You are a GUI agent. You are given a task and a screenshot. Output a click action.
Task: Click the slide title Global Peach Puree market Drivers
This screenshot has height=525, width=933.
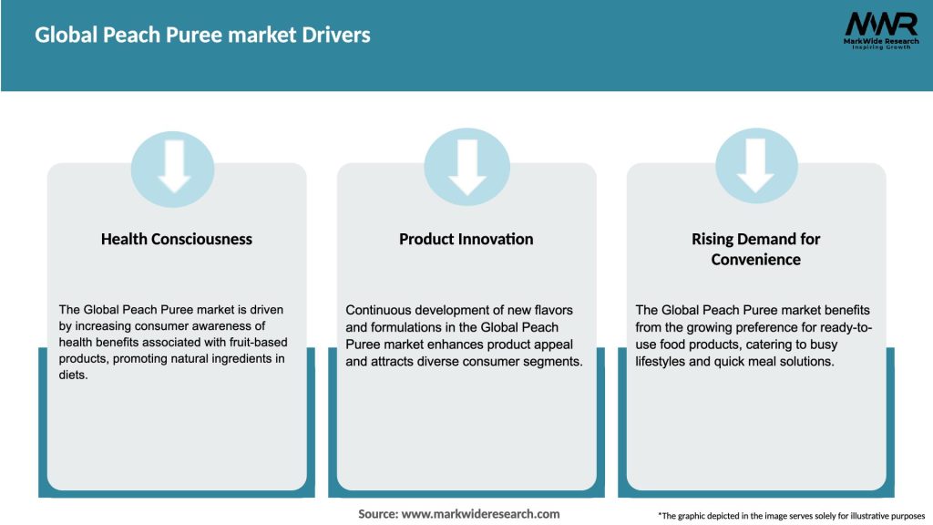point(202,36)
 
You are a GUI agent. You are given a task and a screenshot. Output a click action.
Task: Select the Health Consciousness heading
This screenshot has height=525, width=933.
point(177,239)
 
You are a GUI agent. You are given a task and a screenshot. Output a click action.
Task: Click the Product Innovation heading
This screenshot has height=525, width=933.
point(466,239)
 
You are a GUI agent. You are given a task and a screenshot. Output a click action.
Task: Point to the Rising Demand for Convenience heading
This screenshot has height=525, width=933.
point(756,249)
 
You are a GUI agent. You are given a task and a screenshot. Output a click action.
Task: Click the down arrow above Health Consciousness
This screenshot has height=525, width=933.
point(174,165)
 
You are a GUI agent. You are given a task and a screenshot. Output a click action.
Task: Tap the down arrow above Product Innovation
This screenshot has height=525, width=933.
point(466,165)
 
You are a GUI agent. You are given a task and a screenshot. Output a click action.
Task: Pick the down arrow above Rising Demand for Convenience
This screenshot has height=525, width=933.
point(756,165)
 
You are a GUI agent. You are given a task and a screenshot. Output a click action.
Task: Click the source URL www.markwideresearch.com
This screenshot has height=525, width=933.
point(481,514)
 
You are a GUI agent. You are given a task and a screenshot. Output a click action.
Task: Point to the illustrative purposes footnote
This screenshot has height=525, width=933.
point(791,516)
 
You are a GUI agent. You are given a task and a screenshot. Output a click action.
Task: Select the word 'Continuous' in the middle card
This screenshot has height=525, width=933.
point(381,310)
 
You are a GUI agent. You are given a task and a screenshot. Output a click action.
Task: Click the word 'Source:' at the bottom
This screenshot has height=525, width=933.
point(378,514)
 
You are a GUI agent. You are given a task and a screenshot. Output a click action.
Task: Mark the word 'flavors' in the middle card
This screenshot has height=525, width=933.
point(552,310)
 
